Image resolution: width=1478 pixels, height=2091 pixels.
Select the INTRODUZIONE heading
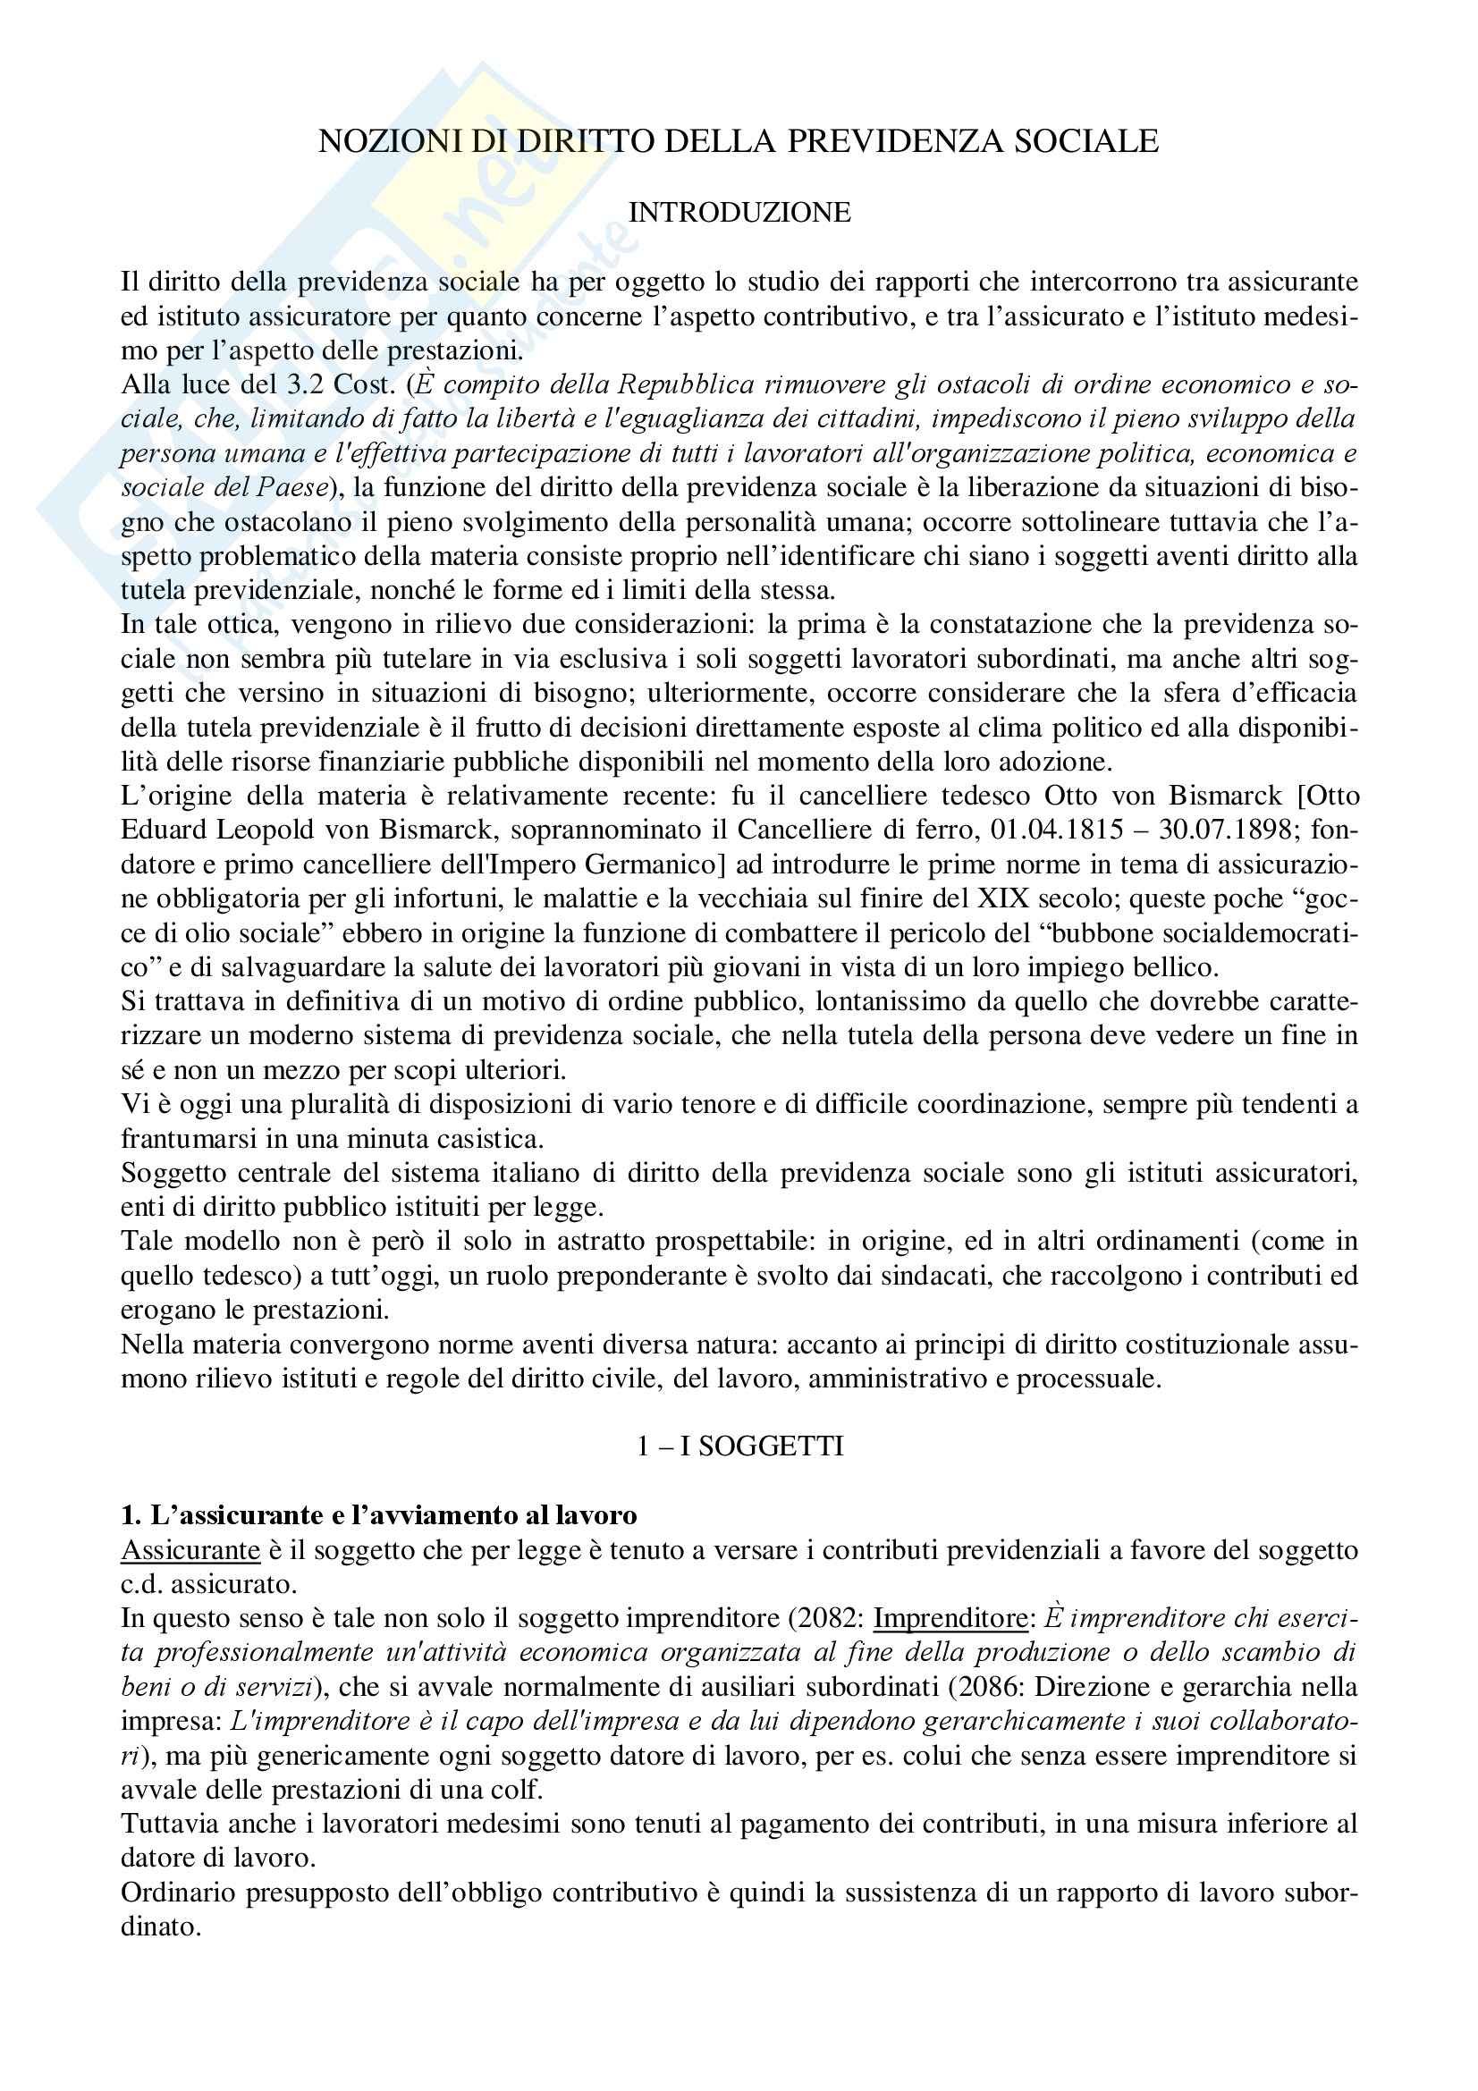pos(739,212)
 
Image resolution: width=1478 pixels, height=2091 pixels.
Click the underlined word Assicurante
pos(190,1551)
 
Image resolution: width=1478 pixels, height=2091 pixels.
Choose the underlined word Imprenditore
pos(950,1619)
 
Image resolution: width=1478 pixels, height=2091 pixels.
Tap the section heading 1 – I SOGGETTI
pos(739,1446)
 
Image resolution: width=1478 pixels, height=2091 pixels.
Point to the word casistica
pos(486,1138)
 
